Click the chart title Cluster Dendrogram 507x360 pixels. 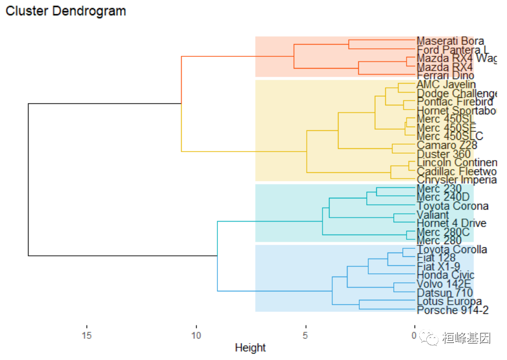[66, 11]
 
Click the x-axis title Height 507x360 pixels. [250, 348]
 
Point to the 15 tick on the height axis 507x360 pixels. [87, 336]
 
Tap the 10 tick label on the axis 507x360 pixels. [196, 336]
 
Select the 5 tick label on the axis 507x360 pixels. [305, 336]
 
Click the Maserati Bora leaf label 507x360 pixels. [450, 41]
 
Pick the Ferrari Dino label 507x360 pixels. [445, 76]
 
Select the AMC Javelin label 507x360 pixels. [446, 85]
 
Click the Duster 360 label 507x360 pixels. [444, 154]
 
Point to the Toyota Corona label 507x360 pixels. [452, 206]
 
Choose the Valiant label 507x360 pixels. [433, 215]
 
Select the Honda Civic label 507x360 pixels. [445, 275]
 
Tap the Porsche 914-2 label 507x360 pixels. [453, 310]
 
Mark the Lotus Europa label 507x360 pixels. [449, 302]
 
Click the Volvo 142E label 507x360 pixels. [444, 284]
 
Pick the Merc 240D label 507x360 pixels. [443, 197]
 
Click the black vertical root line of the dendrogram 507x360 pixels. [28, 180]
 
